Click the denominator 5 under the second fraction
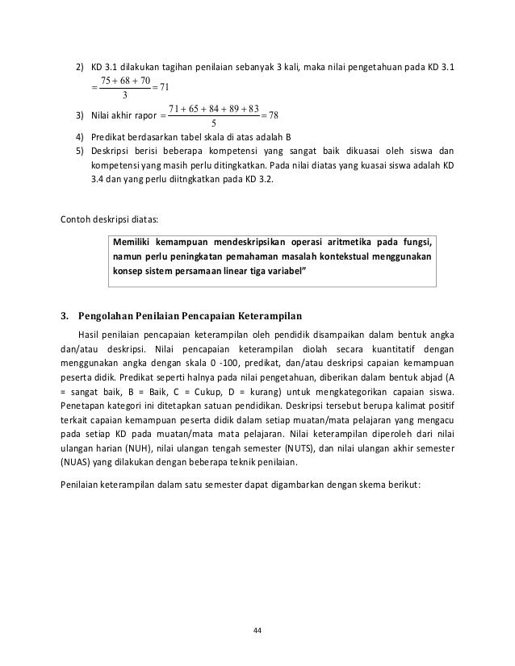[211, 123]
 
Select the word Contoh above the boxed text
[77, 218]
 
